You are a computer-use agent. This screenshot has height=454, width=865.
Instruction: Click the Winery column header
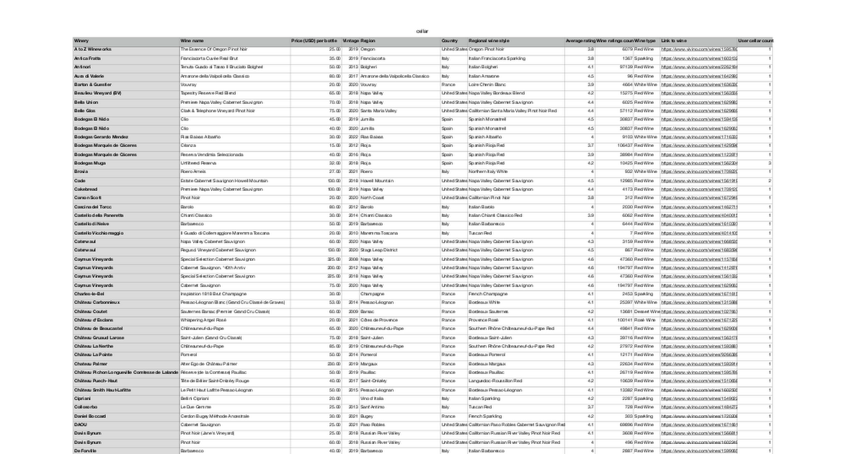pyautogui.click(x=81, y=40)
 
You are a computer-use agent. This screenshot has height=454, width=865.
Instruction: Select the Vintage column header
pyautogui.click(x=350, y=40)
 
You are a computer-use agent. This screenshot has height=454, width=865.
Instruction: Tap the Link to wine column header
pyautogui.click(x=674, y=40)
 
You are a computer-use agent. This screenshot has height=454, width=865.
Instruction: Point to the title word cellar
pyautogui.click(x=422, y=31)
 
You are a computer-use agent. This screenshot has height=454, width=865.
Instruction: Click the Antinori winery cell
pyautogui.click(x=82, y=67)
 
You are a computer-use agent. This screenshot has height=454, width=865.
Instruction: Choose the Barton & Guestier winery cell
pyautogui.click(x=92, y=84)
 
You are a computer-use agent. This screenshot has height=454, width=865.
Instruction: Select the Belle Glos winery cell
pyautogui.click(x=84, y=111)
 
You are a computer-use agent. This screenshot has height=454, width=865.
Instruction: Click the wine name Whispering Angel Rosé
pyautogui.click(x=203, y=320)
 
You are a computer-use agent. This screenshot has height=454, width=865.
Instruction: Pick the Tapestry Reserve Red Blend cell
pyautogui.click(x=208, y=93)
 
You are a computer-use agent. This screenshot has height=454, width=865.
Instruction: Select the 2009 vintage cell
pyautogui.click(x=353, y=311)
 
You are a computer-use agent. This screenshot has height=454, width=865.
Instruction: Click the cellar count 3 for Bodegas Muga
pyautogui.click(x=770, y=163)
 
